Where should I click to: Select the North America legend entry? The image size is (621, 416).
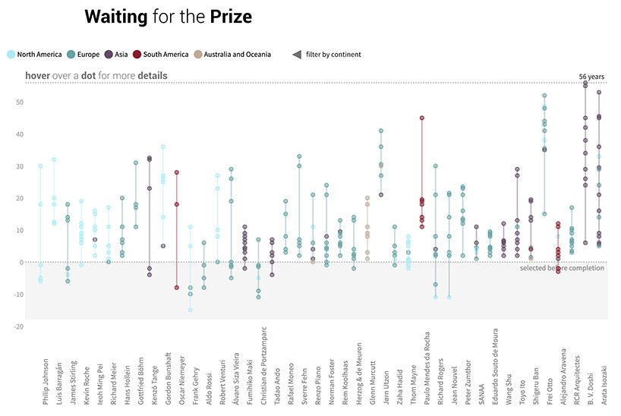click(33, 54)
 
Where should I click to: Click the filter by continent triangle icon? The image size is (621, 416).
click(297, 54)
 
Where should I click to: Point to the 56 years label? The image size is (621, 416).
click(591, 77)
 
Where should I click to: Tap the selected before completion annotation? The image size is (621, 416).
click(562, 269)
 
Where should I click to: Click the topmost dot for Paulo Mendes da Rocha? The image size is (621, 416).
click(421, 118)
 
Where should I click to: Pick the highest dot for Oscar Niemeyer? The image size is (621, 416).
click(177, 172)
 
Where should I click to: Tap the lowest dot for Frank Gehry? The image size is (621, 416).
click(191, 310)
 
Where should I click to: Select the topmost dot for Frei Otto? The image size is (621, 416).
click(544, 96)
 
